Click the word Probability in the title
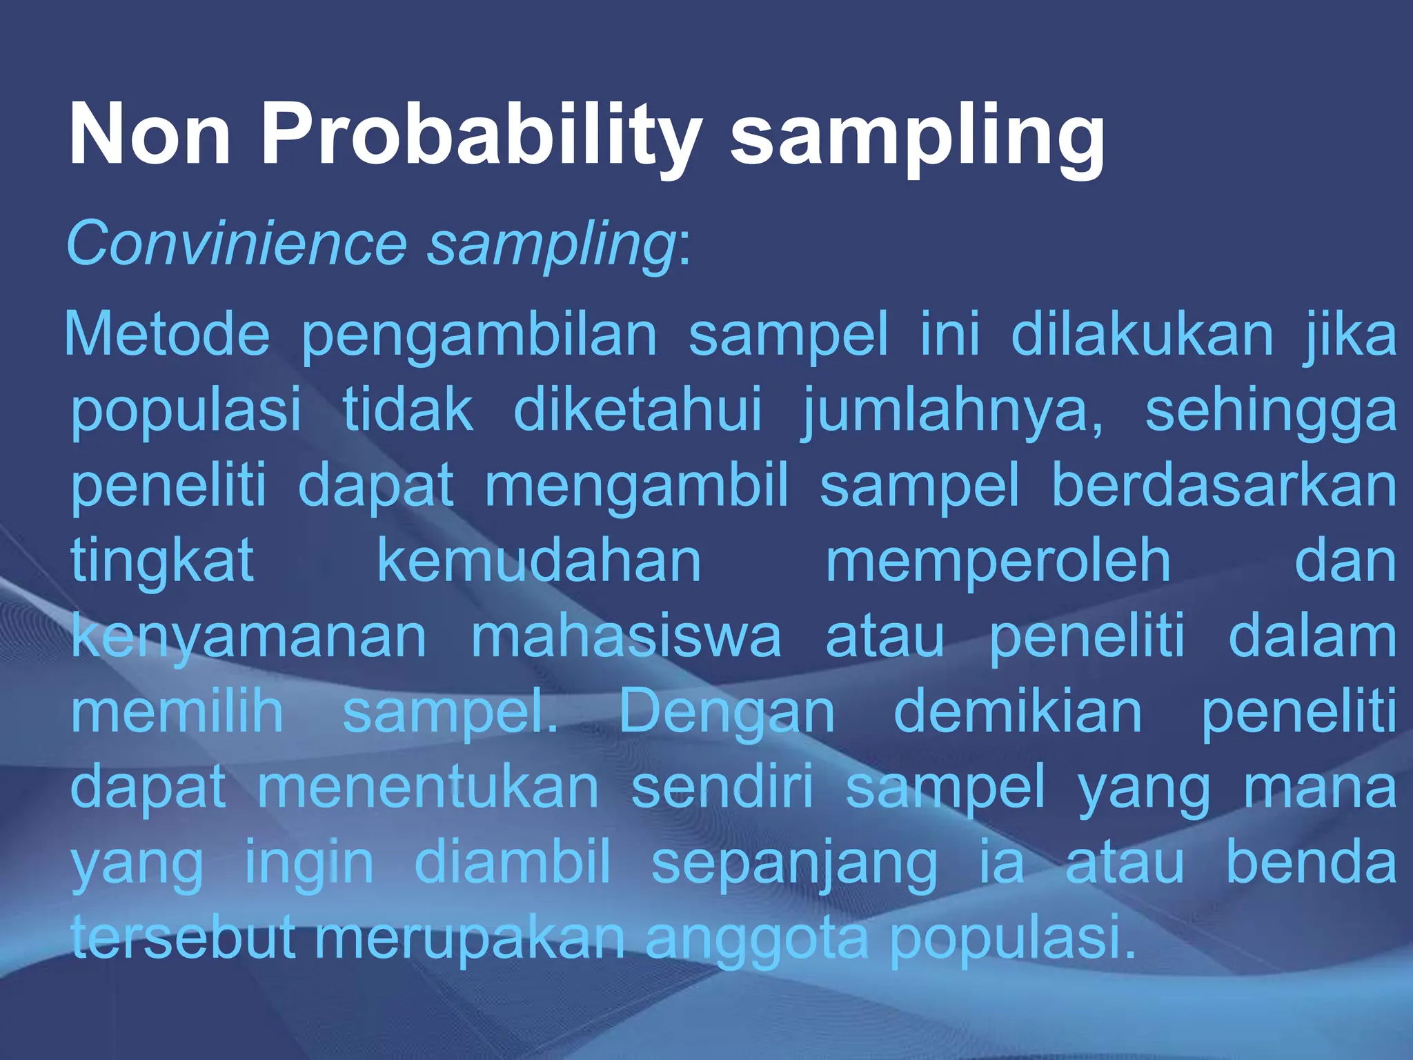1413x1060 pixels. click(x=481, y=135)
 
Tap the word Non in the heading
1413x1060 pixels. click(x=150, y=135)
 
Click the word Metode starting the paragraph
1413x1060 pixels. click(x=166, y=334)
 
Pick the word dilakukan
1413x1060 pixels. click(x=1142, y=334)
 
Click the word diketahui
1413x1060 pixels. click(x=638, y=410)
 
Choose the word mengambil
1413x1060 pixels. click(x=636, y=487)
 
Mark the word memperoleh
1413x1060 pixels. click(x=998, y=563)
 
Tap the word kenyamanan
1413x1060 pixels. click(x=249, y=638)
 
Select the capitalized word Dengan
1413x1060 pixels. click(x=727, y=714)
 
